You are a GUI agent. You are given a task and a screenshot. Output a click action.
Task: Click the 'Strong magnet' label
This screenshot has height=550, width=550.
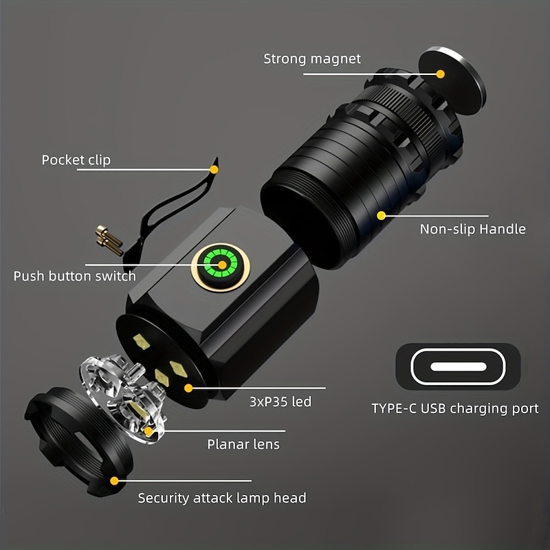tap(311, 58)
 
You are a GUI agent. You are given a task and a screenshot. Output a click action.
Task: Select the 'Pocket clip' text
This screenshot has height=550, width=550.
tap(76, 160)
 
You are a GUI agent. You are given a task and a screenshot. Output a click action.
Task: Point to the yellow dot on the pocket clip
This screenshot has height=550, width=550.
tap(214, 169)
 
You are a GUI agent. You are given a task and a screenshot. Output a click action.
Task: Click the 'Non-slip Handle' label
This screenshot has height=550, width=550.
tap(472, 229)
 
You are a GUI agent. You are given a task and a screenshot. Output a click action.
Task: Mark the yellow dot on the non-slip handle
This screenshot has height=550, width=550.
tap(381, 215)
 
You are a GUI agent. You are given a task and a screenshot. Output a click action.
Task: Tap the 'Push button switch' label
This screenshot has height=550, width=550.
tap(74, 276)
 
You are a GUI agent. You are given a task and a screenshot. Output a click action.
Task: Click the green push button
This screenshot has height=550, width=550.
tap(221, 264)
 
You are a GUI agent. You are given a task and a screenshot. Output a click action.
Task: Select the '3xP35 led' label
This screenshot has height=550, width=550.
tap(279, 401)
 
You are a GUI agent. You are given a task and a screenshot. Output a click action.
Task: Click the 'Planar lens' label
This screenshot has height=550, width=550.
tap(243, 444)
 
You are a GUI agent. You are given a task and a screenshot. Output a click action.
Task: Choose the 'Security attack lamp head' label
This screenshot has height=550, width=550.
tap(222, 498)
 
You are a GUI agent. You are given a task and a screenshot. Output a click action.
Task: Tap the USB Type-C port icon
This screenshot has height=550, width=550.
tap(458, 366)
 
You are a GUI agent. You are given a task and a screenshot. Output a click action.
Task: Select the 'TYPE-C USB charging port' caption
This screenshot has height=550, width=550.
tap(455, 408)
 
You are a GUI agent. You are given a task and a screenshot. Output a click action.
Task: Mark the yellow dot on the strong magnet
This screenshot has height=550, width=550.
tap(441, 74)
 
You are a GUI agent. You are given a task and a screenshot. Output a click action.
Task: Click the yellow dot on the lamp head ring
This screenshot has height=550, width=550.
tap(114, 481)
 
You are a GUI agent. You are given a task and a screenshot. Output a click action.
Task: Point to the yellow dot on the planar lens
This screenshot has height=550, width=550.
tap(148, 431)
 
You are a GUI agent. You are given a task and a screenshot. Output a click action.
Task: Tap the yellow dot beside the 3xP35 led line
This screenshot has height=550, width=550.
tap(188, 388)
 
